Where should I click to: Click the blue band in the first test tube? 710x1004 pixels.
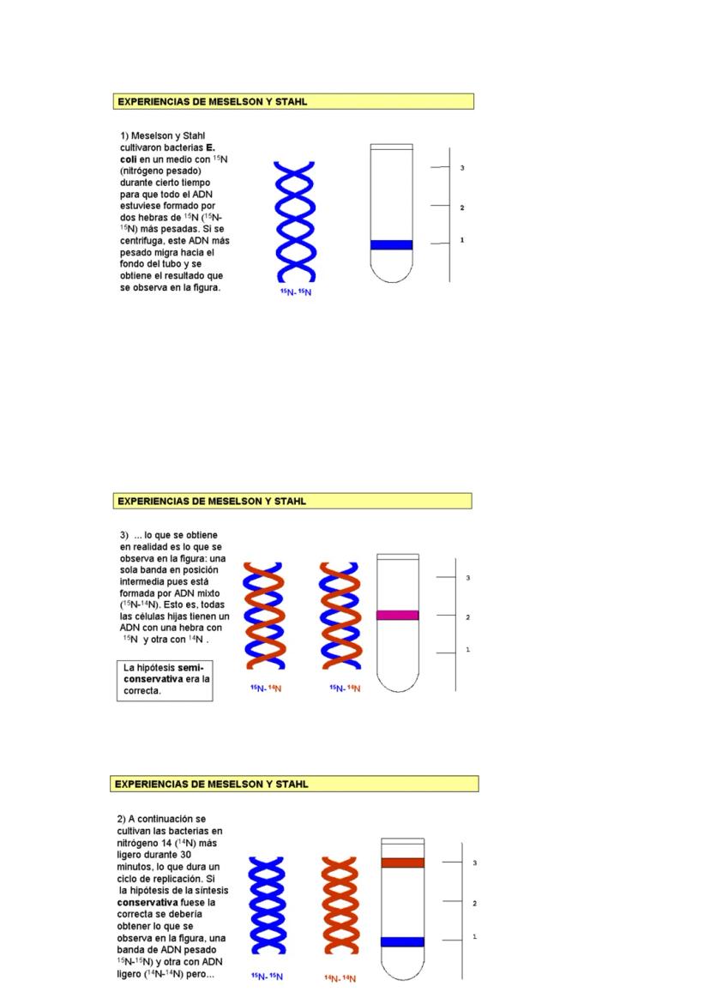[391, 244]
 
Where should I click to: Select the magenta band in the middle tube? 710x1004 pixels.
[398, 615]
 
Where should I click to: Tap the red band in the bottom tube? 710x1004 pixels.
[402, 863]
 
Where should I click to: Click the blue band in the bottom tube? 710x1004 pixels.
[402, 941]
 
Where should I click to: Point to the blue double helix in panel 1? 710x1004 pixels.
[294, 221]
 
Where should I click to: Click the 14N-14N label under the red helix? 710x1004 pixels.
[340, 978]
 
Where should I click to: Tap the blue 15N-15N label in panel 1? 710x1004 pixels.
[295, 292]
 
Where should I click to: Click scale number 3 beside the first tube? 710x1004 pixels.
[462, 168]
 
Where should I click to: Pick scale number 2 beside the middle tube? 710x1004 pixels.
[467, 617]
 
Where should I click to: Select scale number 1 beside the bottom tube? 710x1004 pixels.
[474, 936]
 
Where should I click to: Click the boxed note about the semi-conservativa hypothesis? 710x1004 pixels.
[165, 680]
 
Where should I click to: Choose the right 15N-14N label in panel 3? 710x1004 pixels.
[344, 688]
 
